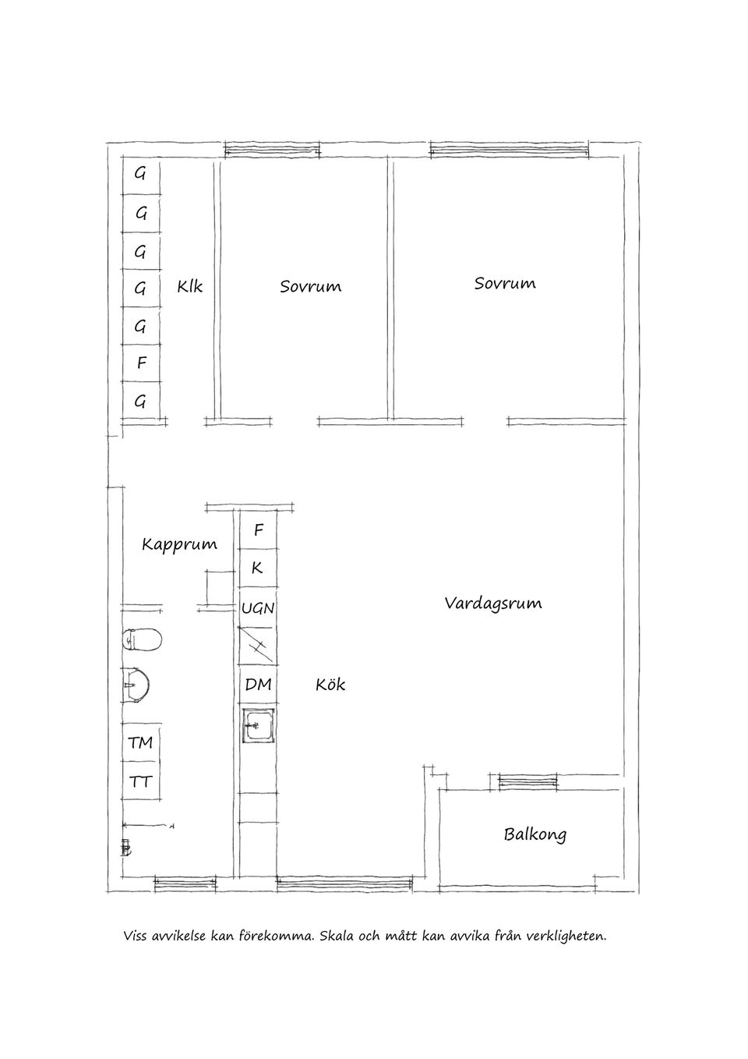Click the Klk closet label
click(x=189, y=286)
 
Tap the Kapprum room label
click(x=179, y=544)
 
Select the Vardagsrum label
click(x=492, y=603)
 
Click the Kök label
click(x=330, y=685)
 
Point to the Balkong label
click(x=535, y=834)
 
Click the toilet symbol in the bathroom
click(x=142, y=639)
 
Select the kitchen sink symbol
click(x=257, y=726)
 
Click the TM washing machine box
click(x=141, y=742)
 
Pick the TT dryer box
click(x=141, y=781)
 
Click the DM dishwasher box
click(x=258, y=685)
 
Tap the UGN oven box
click(x=258, y=607)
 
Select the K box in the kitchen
click(x=258, y=568)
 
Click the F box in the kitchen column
click(x=258, y=530)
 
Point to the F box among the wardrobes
click(x=141, y=363)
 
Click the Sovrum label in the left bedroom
click(x=310, y=287)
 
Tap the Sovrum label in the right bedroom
click(x=505, y=283)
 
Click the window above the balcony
click(x=528, y=781)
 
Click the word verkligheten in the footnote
click(x=566, y=935)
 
